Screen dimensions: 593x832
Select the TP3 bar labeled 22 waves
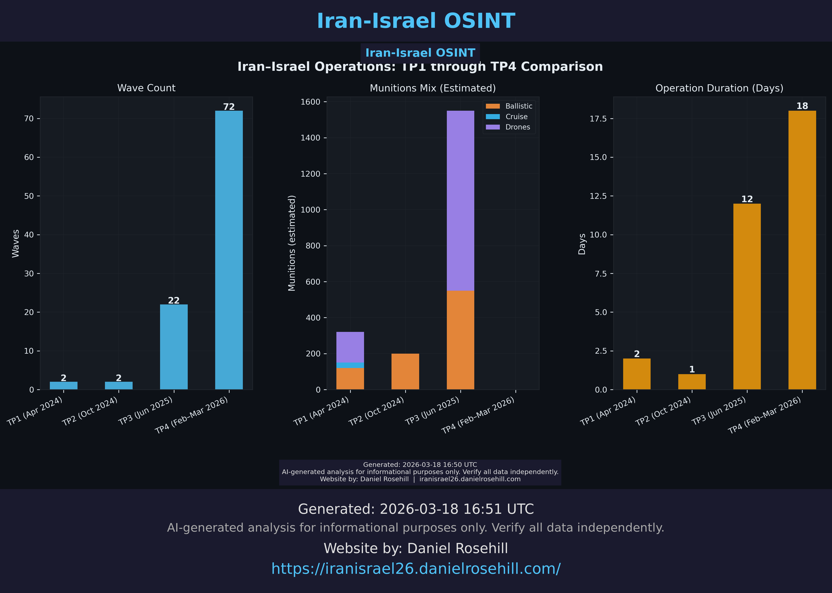pos(174,347)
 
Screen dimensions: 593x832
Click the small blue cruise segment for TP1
pos(350,365)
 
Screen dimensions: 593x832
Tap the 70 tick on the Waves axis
pos(29,119)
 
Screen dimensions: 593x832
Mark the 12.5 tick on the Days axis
pos(598,196)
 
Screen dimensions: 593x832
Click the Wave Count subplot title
pos(146,88)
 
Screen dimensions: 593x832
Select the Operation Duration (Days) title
pos(719,88)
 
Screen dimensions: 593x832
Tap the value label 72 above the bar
pos(229,107)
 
